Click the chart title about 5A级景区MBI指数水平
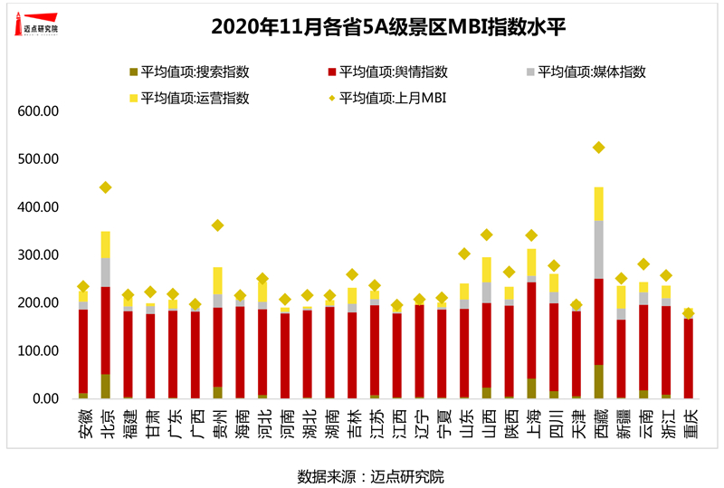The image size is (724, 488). [362, 27]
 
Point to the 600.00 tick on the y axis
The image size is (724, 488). [39, 111]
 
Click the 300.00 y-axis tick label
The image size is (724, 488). [39, 255]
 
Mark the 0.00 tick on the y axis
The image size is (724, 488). [45, 399]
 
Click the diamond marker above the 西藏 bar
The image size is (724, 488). [598, 148]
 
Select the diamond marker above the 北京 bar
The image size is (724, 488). [106, 187]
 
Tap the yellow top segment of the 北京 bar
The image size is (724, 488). [106, 244]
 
